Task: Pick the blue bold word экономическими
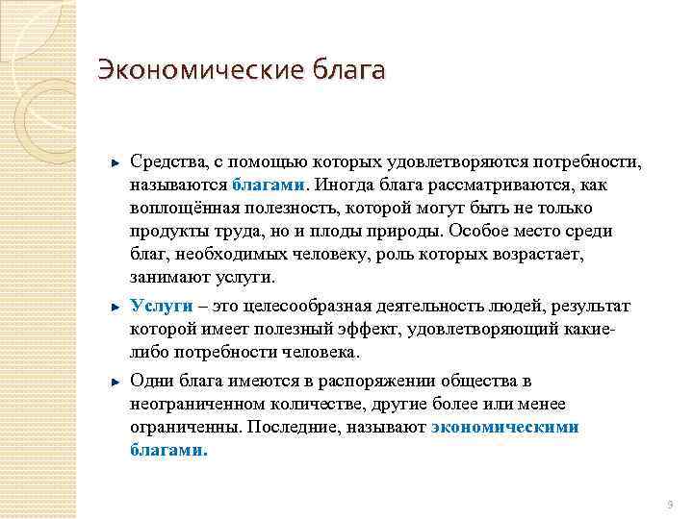point(505,426)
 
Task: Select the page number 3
point(670,504)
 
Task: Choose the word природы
point(406,231)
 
